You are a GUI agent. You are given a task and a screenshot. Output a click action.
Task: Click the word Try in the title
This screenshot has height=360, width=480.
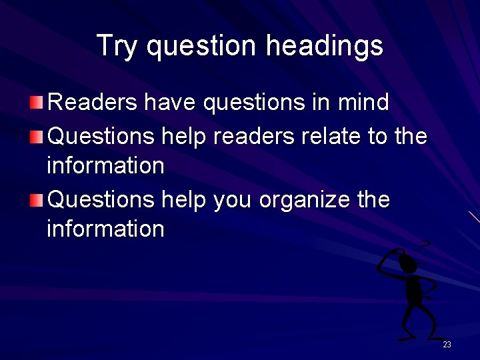click(118, 46)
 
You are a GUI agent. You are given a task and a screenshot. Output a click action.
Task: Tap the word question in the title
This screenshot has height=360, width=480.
click(201, 46)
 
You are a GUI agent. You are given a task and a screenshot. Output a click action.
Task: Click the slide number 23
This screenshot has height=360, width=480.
click(447, 345)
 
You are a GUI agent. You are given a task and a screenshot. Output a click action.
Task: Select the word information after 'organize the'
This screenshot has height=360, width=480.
click(105, 229)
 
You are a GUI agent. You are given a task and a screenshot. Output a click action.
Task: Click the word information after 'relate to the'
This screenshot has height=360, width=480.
click(105, 165)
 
